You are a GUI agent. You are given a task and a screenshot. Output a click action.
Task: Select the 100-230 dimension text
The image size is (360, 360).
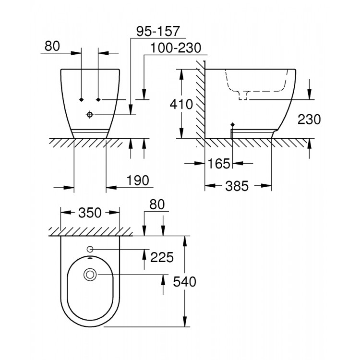pyautogui.click(x=175, y=48)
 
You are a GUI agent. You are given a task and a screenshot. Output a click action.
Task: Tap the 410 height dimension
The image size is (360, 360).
pyautogui.click(x=181, y=104)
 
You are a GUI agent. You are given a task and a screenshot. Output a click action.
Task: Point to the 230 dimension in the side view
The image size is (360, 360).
pyautogui.click(x=309, y=119)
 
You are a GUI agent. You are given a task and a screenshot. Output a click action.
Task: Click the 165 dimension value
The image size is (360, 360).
pyautogui.click(x=219, y=164)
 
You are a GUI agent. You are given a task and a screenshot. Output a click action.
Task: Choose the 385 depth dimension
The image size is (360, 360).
pyautogui.click(x=239, y=185)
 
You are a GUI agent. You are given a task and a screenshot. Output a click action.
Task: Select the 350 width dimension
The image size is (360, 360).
pyautogui.click(x=89, y=212)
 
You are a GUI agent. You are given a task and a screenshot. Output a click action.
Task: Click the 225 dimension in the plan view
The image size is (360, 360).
pyautogui.click(x=162, y=258)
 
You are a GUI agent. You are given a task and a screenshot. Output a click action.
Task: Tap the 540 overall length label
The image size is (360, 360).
pyautogui.click(x=184, y=282)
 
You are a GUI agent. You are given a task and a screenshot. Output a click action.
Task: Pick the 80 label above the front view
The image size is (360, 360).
pyautogui.click(x=52, y=46)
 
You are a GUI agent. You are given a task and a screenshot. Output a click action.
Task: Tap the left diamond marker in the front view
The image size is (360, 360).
pyautogui.click(x=82, y=99)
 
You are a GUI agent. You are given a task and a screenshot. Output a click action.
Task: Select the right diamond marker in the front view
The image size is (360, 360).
pyautogui.click(x=98, y=99)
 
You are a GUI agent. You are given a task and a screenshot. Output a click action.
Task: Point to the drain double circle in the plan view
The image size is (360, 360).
pyautogui.click(x=90, y=275)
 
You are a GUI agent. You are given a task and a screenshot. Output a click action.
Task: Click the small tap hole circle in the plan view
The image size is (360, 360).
pyautogui.click(x=90, y=249)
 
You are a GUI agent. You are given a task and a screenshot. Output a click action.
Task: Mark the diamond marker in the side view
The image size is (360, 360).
pyautogui.click(x=232, y=125)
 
